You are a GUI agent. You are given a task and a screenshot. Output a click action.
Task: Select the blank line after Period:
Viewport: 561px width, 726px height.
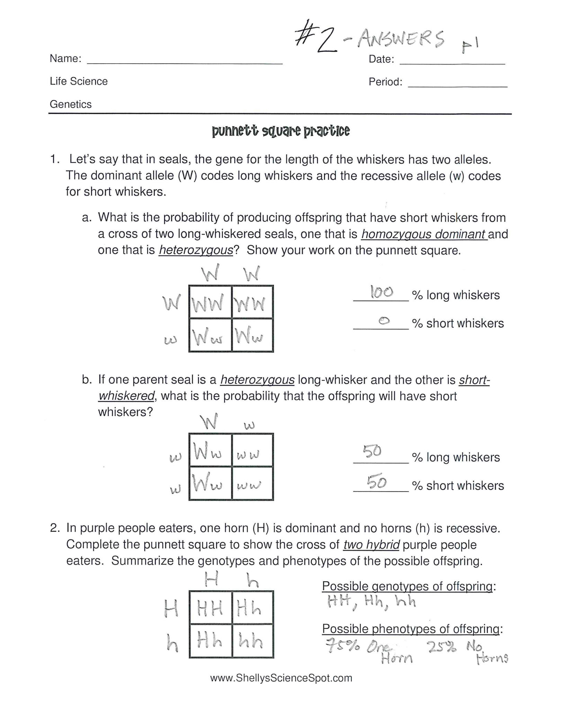pyautogui.click(x=457, y=86)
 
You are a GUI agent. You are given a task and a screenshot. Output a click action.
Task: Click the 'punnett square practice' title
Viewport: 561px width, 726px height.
pyautogui.click(x=280, y=131)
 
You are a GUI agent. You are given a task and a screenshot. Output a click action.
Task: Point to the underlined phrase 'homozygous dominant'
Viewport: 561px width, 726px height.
pyautogui.click(x=424, y=234)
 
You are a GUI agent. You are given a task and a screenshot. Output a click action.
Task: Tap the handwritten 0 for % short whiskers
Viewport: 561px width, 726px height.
pyautogui.click(x=384, y=321)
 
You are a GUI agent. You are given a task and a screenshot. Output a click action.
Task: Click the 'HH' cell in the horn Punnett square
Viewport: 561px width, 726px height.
pyautogui.click(x=210, y=608)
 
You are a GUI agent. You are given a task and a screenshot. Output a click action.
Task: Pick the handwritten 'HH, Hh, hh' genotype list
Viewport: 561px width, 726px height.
pyautogui.click(x=371, y=602)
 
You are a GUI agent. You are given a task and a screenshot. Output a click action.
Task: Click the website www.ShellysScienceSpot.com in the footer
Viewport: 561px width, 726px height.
pyautogui.click(x=281, y=678)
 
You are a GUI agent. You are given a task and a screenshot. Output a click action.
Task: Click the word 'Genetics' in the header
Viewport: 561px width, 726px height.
pyautogui.click(x=71, y=104)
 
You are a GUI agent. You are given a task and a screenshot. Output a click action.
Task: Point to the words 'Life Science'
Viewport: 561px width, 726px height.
pyautogui.click(x=79, y=81)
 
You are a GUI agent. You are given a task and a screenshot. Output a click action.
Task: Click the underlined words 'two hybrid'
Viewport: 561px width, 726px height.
pyautogui.click(x=371, y=545)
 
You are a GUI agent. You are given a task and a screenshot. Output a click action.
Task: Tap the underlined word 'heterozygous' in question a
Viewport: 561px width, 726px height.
pyautogui.click(x=196, y=250)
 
